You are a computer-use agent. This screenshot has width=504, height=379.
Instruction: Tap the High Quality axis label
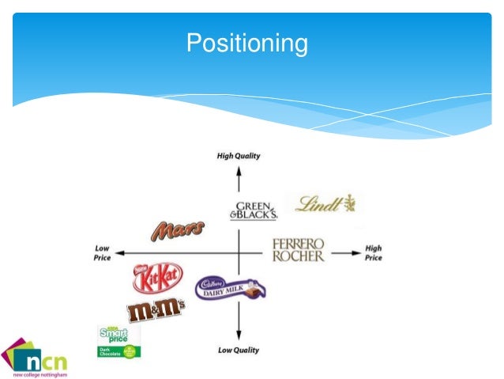238,156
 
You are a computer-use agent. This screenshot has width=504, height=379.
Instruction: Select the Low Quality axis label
238,350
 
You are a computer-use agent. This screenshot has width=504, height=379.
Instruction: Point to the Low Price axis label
101,252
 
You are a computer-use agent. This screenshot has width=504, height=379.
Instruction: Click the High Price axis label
374,252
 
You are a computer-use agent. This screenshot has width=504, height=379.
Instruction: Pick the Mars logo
177,230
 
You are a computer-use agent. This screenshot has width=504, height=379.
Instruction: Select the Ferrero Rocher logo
299,249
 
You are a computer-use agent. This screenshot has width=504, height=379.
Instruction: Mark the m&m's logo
156,309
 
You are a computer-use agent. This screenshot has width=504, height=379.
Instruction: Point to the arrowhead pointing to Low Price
116,253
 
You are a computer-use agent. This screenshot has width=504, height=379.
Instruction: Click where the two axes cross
238,253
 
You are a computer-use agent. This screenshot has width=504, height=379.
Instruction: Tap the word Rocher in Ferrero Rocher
299,256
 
